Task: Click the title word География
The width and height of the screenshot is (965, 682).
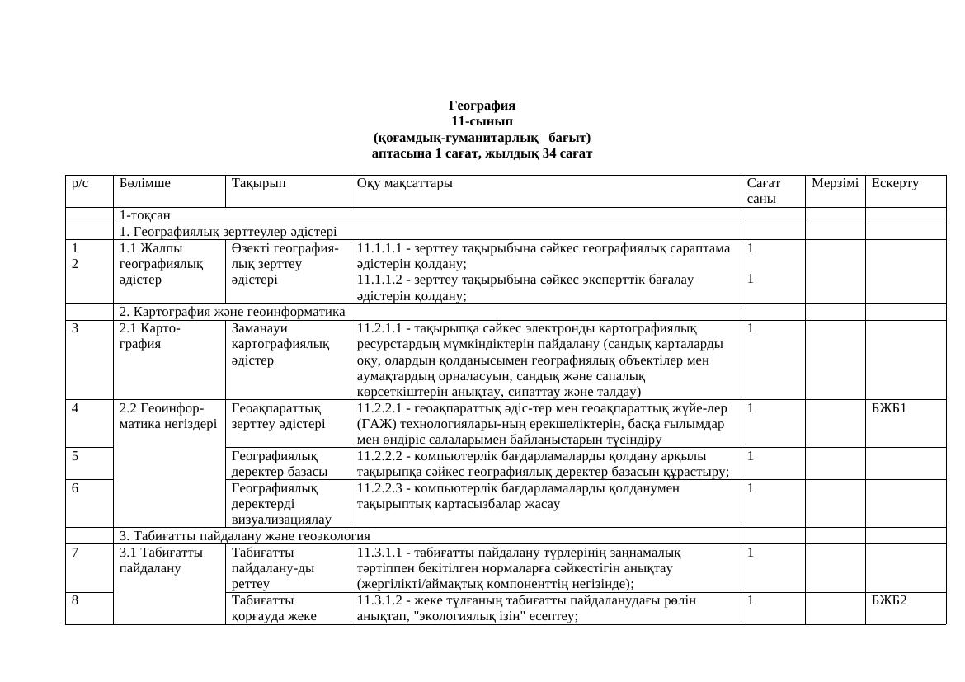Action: pyautogui.click(x=482, y=106)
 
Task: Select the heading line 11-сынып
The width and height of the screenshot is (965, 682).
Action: pyautogui.click(x=482, y=121)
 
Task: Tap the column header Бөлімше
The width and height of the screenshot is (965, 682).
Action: pyautogui.click(x=144, y=183)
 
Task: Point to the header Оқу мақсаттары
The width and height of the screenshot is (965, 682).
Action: pyautogui.click(x=404, y=183)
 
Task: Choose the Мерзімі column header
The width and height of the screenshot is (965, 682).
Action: pyautogui.click(x=835, y=183)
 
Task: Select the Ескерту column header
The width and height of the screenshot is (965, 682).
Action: pyautogui.click(x=895, y=183)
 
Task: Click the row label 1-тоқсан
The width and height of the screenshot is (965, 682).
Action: pyautogui.click(x=145, y=215)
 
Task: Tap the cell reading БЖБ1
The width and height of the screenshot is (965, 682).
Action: pyautogui.click(x=889, y=408)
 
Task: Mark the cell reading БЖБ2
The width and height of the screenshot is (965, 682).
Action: pyautogui.click(x=889, y=600)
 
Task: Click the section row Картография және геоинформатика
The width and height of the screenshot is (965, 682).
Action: pyautogui.click(x=233, y=312)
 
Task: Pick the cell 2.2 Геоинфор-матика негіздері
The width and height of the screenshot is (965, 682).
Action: pyautogui.click(x=168, y=416)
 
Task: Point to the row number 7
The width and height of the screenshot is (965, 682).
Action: pyautogui.click(x=75, y=552)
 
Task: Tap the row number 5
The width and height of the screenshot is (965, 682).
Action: pyautogui.click(x=75, y=456)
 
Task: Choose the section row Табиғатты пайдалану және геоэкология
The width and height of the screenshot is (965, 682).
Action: pyautogui.click(x=244, y=536)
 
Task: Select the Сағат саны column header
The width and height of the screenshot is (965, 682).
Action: pyautogui.click(x=764, y=190)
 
